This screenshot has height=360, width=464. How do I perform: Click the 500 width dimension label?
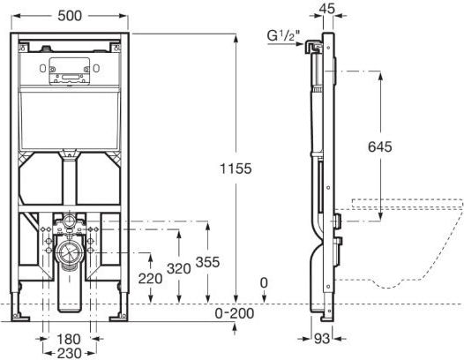(x=70, y=16)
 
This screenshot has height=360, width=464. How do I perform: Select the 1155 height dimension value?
(x=236, y=169)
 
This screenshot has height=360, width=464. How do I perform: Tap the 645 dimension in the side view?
(x=379, y=146)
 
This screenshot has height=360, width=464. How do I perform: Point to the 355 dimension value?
(x=207, y=262)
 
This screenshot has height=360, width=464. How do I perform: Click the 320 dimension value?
(x=178, y=269)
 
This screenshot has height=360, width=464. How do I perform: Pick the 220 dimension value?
(x=150, y=279)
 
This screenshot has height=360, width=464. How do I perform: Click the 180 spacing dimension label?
(x=68, y=340)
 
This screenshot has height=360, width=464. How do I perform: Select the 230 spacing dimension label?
(x=69, y=353)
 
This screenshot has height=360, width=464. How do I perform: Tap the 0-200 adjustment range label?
(x=235, y=313)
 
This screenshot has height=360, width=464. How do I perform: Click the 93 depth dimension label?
(x=322, y=339)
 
